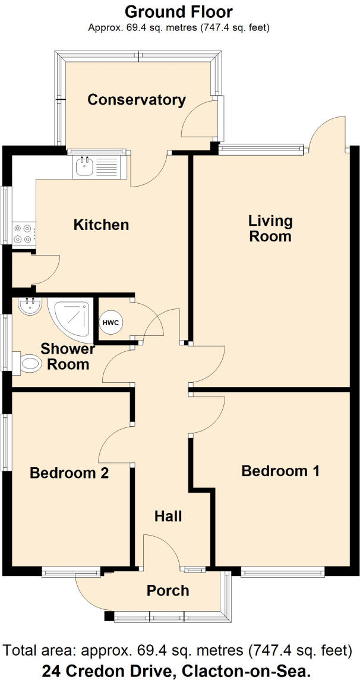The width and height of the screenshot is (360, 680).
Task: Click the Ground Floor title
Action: (179, 11)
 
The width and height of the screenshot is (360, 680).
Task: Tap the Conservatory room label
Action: (137, 99)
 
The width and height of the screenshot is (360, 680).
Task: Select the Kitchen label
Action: (101, 225)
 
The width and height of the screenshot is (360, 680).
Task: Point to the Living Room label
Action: (270, 228)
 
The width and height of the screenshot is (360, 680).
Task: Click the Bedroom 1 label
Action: (280, 471)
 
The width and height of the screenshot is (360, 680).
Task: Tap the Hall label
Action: (168, 516)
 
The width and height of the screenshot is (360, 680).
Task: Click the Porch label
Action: (168, 590)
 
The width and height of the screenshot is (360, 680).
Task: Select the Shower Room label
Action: (68, 356)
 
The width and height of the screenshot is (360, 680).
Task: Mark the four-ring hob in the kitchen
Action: (24, 232)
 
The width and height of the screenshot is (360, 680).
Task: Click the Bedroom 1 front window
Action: (282, 572)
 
